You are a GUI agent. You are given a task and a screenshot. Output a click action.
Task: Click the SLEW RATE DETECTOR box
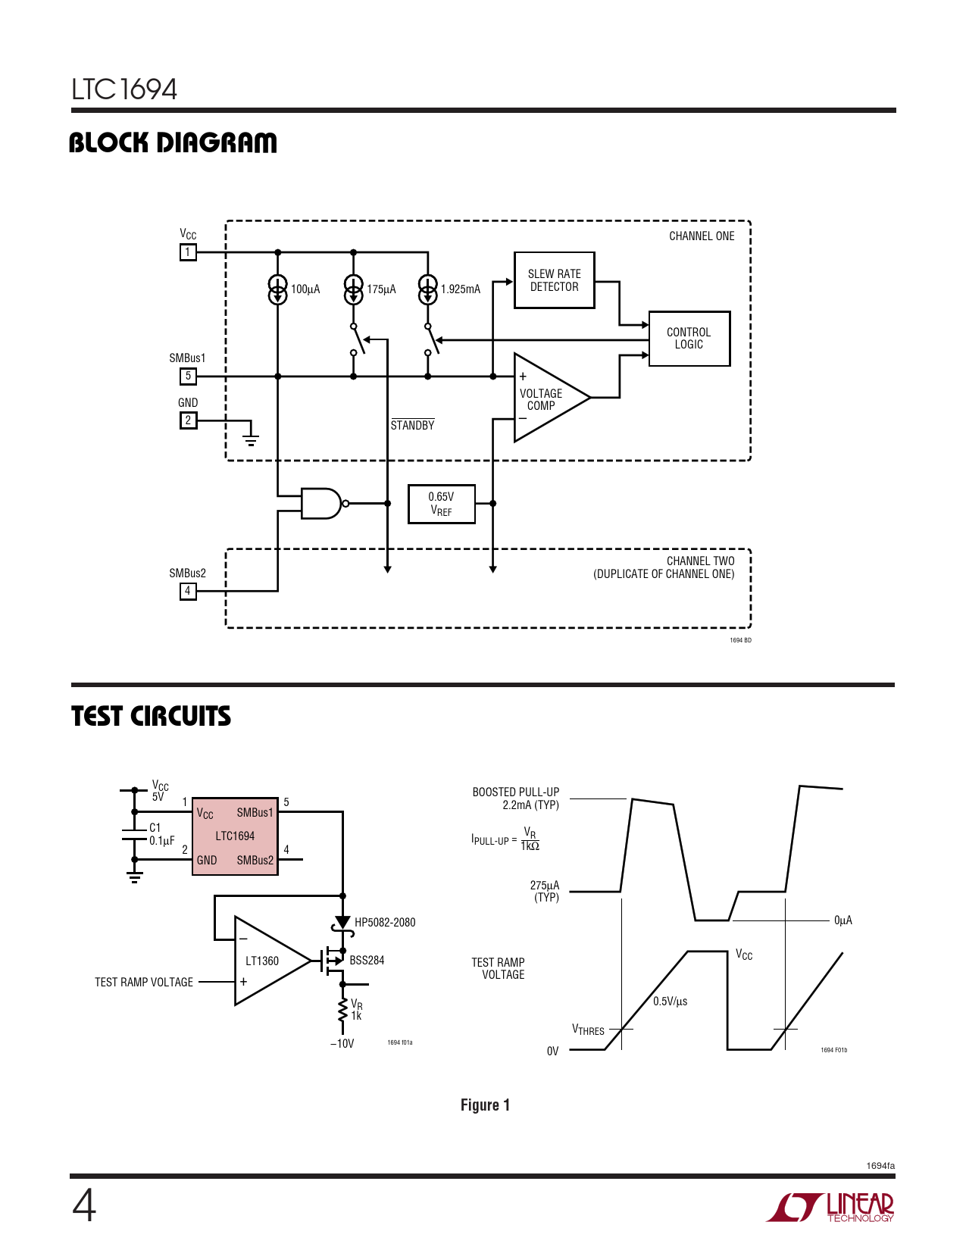[554, 280]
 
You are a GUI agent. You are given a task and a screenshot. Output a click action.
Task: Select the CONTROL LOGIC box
[689, 339]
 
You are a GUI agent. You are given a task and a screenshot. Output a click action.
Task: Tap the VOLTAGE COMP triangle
[547, 398]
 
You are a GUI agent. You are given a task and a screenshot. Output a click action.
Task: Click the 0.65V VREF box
[441, 504]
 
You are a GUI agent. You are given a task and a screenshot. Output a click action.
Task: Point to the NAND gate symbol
[322, 503]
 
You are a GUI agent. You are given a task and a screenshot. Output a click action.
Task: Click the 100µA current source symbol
[278, 289]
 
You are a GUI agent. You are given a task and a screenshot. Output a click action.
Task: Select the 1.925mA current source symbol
[428, 289]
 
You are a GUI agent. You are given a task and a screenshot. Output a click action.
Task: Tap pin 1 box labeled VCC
[188, 252]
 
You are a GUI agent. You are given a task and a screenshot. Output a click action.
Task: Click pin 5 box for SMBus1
[188, 376]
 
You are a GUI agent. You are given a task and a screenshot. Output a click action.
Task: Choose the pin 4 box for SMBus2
[188, 591]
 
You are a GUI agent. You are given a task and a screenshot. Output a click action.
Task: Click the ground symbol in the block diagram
[251, 435]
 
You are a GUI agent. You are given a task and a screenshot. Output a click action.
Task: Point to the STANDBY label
[413, 425]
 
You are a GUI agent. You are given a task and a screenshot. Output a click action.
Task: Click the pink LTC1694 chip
[235, 836]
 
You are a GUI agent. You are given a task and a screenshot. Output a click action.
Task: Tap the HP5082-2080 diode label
[385, 922]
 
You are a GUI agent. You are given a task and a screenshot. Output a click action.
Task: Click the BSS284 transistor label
[367, 960]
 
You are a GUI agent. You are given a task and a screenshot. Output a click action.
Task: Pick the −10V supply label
[342, 1043]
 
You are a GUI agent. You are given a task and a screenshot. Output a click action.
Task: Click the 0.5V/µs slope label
[671, 1002]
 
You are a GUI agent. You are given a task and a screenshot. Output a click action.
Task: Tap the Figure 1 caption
[485, 1105]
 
